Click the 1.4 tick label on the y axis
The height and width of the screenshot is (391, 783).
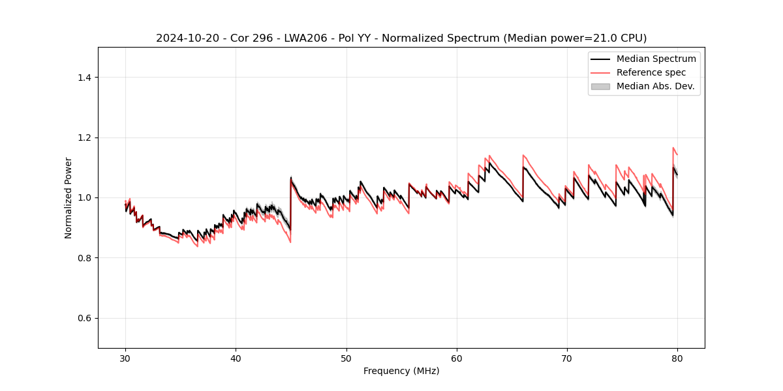85,78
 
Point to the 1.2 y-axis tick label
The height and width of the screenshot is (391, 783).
85,138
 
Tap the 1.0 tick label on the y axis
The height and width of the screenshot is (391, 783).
85,197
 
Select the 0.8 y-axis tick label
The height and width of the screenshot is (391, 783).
85,258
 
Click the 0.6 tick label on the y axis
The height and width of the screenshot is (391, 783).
85,318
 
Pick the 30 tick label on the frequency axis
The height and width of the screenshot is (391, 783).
125,358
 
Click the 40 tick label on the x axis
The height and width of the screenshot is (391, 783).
236,358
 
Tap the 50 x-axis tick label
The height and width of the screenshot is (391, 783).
346,358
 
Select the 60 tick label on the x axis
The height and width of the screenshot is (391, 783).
457,358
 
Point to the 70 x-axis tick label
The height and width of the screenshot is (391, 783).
567,358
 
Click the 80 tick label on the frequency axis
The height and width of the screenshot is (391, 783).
677,358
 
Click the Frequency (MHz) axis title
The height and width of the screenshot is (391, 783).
401,371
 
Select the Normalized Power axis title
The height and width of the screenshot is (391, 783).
69,197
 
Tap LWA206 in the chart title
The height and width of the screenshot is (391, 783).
307,38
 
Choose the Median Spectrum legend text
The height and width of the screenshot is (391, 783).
656,59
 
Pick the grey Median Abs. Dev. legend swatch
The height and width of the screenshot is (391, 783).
600,86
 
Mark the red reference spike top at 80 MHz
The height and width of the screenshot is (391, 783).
673,148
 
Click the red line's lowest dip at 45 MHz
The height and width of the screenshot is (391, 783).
290,242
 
